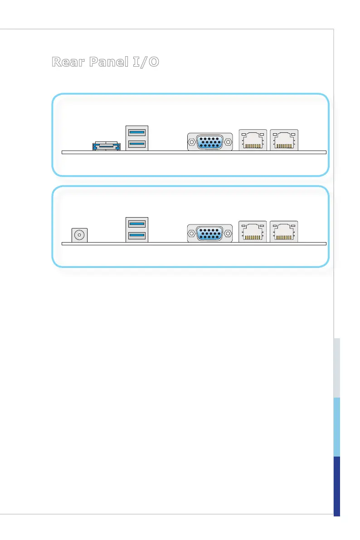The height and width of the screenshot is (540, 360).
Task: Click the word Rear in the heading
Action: (x=68, y=62)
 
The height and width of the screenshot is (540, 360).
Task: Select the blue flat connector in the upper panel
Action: (x=107, y=146)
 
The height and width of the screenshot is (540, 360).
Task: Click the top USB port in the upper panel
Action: (x=137, y=132)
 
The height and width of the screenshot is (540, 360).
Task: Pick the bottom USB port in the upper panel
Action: (x=137, y=144)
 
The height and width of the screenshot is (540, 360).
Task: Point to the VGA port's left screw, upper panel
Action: (x=191, y=142)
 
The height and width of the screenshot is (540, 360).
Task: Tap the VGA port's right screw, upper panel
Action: (x=229, y=142)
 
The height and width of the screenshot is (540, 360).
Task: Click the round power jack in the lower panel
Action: (x=80, y=235)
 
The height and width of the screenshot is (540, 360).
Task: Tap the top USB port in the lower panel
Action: (x=137, y=223)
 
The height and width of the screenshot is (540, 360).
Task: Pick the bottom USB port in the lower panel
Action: (x=137, y=234)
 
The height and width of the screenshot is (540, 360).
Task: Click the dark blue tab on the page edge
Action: (x=337, y=486)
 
